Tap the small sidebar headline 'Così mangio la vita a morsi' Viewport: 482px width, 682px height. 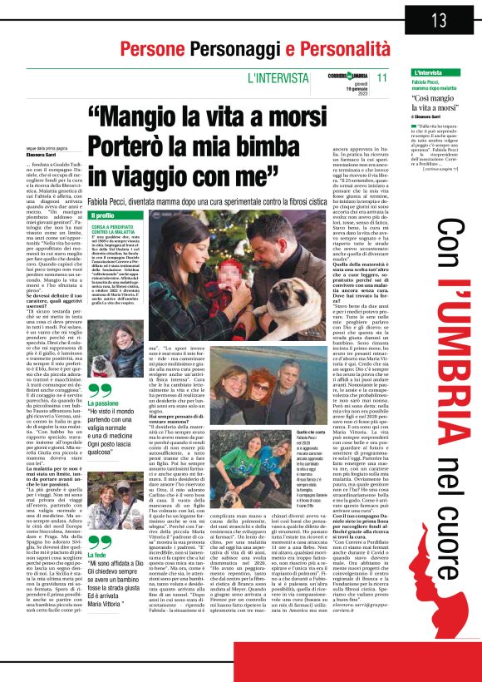[x=440, y=103]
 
